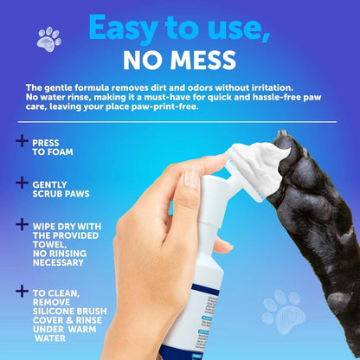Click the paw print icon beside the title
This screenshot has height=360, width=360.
coord(49,38)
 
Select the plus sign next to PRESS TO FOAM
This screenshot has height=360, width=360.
coord(21,141)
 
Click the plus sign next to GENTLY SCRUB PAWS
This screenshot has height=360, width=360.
coord(21,182)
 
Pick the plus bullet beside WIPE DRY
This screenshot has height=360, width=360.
coord(21,223)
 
